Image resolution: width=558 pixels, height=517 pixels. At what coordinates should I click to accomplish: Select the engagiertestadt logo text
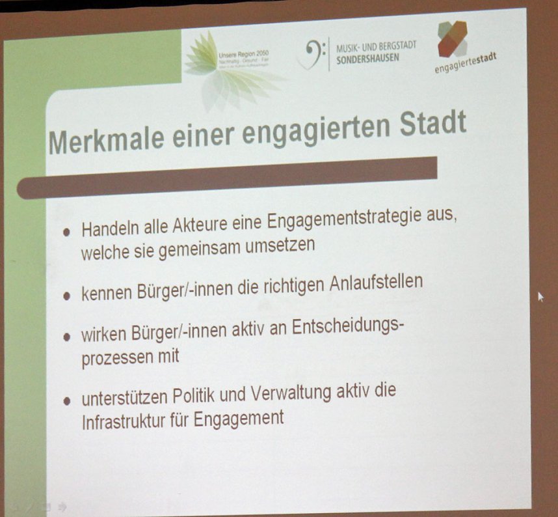[x=465, y=63]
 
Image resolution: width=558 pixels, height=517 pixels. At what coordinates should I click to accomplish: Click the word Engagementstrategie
[x=339, y=220]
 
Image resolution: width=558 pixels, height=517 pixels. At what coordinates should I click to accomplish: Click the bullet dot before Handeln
[x=66, y=232]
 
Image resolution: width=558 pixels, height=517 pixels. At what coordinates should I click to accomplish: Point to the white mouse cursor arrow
[x=540, y=297]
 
